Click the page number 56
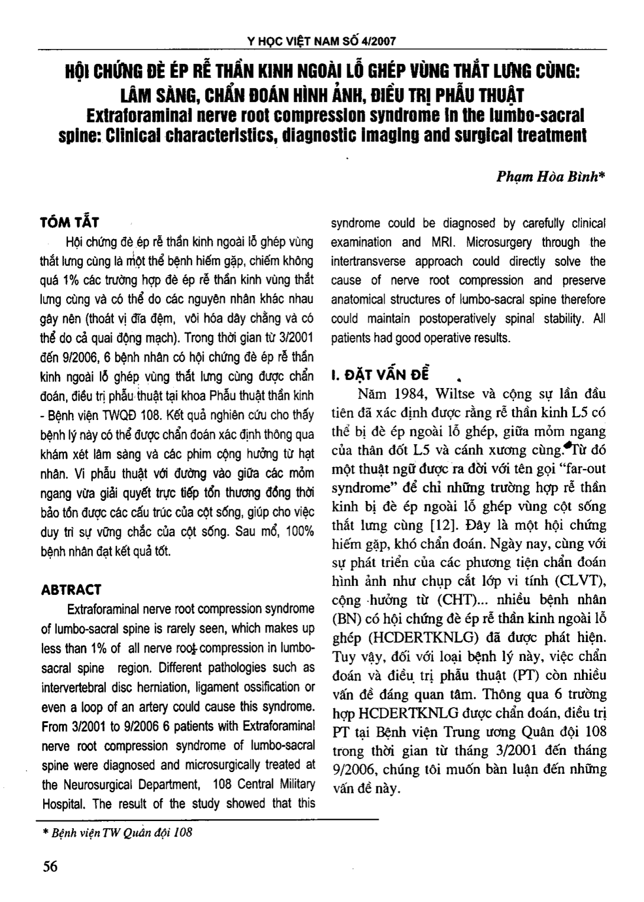[50, 866]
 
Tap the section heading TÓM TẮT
[69, 222]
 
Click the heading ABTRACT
[71, 590]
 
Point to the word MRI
[445, 242]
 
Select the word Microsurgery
[499, 242]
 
